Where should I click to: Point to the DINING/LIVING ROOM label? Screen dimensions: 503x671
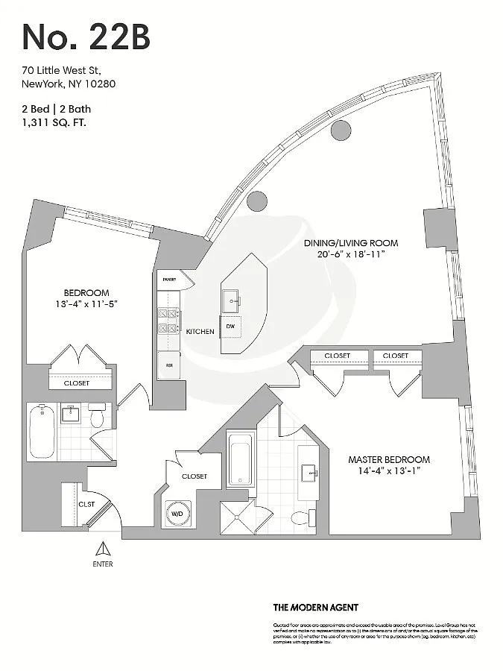pos(350,243)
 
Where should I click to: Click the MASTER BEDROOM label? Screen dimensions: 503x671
pos(389,460)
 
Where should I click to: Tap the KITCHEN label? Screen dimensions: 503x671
pos(200,331)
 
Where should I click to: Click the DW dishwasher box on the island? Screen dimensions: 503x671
pos(231,327)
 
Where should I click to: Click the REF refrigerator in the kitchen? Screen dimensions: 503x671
pos(168,365)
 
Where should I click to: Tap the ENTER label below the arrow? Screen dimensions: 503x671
pos(103,564)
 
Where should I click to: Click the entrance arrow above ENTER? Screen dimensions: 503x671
pos(103,550)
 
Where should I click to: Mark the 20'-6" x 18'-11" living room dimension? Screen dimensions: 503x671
pos(350,254)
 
